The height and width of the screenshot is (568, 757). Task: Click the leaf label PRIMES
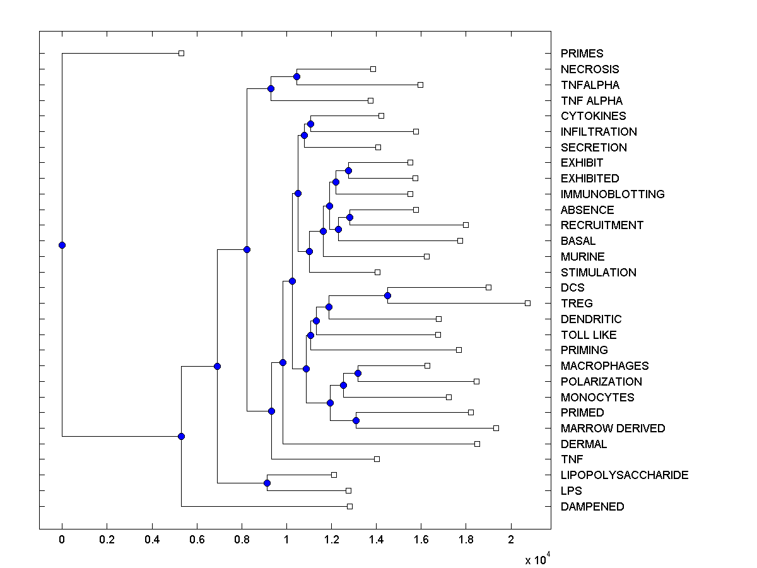pos(582,54)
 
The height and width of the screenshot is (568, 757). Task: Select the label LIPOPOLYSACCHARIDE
pos(624,475)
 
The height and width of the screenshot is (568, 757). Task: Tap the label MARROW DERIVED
pos(613,429)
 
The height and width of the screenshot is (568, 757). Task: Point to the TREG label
pos(577,304)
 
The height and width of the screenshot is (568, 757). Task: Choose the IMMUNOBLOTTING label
pos(612,194)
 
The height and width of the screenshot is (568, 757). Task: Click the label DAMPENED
pos(592,507)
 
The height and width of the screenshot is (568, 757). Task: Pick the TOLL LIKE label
pos(588,335)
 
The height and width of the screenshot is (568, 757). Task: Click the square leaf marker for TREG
pos(527,304)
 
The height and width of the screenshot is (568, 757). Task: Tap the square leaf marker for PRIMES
pos(181,54)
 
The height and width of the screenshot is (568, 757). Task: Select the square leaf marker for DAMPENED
pos(349,506)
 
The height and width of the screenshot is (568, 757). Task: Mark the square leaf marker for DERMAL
pos(477,444)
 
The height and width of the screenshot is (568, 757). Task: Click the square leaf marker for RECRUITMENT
pos(466,225)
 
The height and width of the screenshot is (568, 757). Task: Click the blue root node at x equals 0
pos(62,245)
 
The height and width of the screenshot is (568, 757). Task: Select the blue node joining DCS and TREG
pos(387,295)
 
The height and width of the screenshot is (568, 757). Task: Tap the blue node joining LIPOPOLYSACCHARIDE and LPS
pos(267,483)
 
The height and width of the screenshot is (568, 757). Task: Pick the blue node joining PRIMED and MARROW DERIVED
pos(356,420)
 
